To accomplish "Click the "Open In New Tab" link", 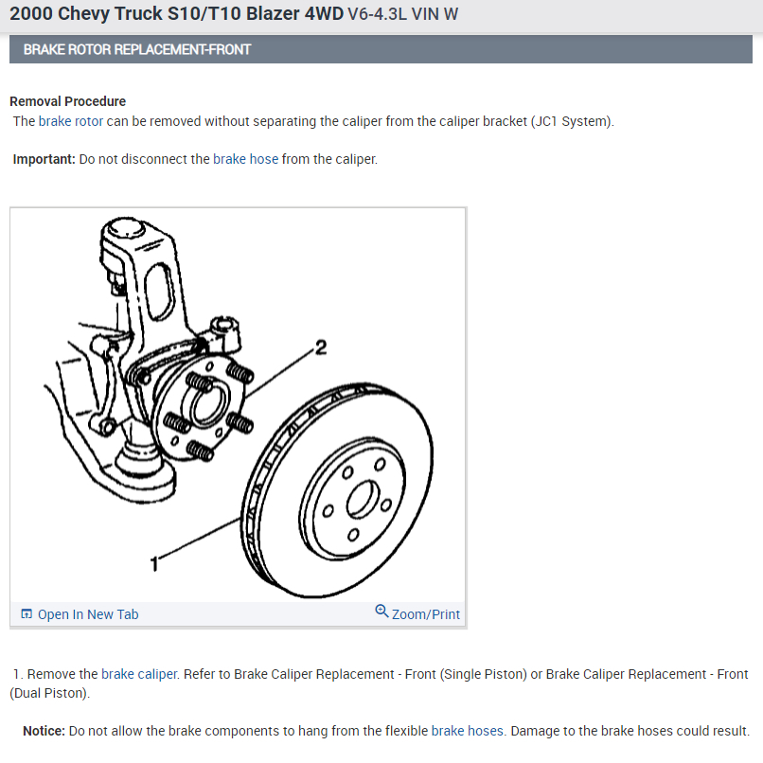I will coord(87,614).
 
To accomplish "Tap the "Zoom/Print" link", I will coord(425,614).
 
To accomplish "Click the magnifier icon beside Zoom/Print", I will coord(381,612).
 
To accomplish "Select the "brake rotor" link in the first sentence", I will coord(71,121).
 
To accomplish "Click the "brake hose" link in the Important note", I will coord(245,159).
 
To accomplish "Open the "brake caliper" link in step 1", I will coord(139,674).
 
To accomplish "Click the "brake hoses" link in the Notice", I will coord(468,731).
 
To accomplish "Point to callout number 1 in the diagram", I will coord(155,564).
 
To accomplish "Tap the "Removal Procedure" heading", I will coord(67,101).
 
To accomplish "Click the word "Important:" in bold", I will coord(44,159).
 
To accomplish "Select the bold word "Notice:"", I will coord(44,731).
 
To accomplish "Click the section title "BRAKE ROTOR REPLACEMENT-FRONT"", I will coord(137,49).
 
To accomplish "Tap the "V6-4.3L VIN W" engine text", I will coord(403,17).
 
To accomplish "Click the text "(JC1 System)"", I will coord(572,121).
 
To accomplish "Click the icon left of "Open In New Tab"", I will coord(27,614).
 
